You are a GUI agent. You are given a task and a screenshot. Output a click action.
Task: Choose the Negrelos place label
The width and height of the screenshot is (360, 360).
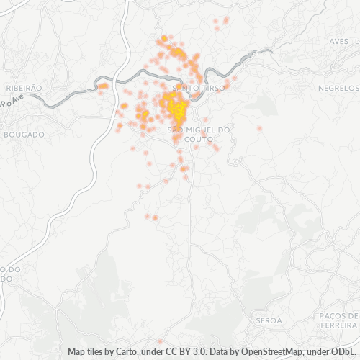coord(338,88)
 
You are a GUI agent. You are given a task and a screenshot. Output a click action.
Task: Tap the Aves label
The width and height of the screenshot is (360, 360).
coord(338,42)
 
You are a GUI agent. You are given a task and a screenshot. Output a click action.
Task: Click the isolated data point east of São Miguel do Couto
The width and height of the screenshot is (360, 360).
coord(259,128)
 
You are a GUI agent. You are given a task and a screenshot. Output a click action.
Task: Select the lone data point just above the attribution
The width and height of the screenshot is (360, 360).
coord(159,341)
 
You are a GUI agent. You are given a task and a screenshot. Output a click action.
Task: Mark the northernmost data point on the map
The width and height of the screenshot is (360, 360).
coord(226,19)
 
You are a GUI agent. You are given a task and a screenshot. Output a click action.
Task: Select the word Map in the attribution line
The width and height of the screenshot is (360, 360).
coord(77,352)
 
